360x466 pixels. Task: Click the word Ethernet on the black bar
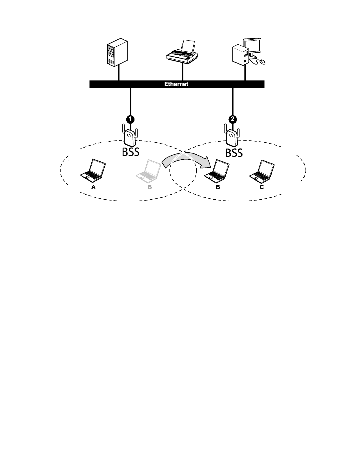pos(176,84)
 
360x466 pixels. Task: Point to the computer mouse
pos(262,62)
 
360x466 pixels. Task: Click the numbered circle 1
pos(130,119)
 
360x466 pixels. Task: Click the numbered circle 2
pos(233,119)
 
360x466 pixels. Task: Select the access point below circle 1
pos(130,136)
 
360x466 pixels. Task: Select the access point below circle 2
pos(232,136)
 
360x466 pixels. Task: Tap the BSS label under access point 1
pos(131,152)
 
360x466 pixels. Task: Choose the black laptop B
pos(217,171)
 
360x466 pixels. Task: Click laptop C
pos(262,171)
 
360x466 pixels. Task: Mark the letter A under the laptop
pos(93,187)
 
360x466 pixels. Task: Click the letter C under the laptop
pos(262,187)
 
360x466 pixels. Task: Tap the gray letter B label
pos(150,187)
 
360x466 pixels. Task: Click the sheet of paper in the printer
pos(188,46)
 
